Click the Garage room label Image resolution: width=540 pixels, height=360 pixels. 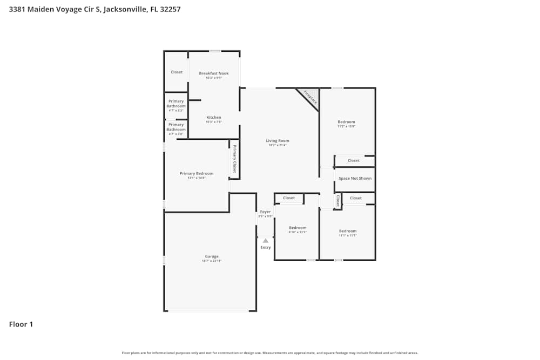coord(212,256)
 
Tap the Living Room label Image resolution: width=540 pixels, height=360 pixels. coord(278,141)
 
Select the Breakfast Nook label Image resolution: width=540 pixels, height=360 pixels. coord(214,73)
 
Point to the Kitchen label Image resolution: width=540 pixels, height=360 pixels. coord(214,118)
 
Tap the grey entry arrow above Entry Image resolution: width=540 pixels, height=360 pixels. coord(265,240)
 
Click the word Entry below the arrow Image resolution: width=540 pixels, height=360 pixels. coord(266,247)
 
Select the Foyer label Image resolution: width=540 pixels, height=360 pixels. coord(265,212)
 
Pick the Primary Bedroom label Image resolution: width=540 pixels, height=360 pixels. coord(197,173)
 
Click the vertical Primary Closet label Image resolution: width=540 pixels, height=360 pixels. coord(235,159)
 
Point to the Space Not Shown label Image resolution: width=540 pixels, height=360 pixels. coord(355,178)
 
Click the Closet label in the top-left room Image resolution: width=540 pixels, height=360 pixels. coord(177,72)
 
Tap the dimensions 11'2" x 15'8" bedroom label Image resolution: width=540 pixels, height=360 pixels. coord(346,126)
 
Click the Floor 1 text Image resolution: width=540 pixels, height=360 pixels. coord(21,324)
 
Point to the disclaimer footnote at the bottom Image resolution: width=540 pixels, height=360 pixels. coord(269,352)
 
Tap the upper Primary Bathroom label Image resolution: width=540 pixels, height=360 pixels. coord(176,104)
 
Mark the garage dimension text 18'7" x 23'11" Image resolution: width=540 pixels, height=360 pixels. coord(212,261)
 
